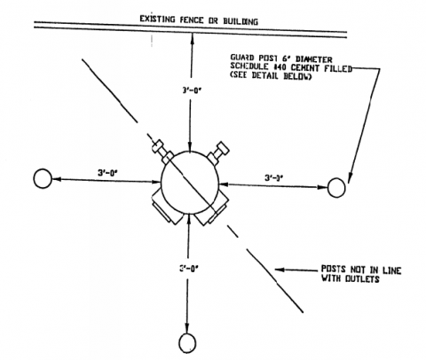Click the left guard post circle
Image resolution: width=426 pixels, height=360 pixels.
[x=42, y=178]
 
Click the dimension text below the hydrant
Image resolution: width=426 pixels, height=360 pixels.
[x=186, y=265]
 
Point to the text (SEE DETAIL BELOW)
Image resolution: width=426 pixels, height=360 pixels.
[x=277, y=82]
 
